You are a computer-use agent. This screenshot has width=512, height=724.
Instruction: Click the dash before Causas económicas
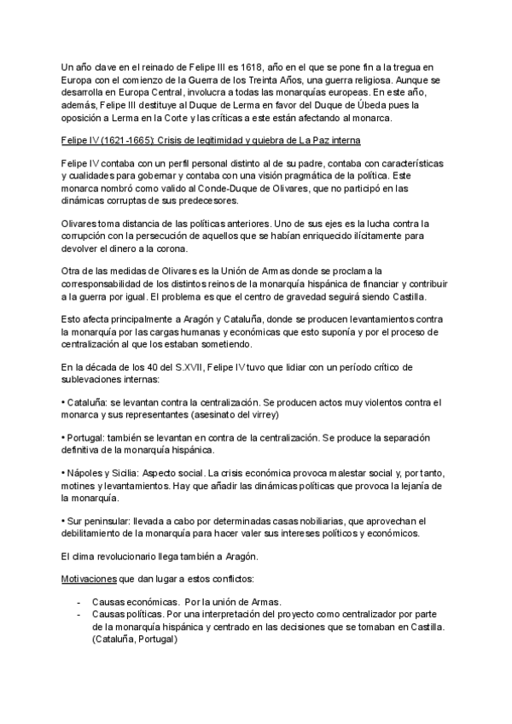click(79, 601)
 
